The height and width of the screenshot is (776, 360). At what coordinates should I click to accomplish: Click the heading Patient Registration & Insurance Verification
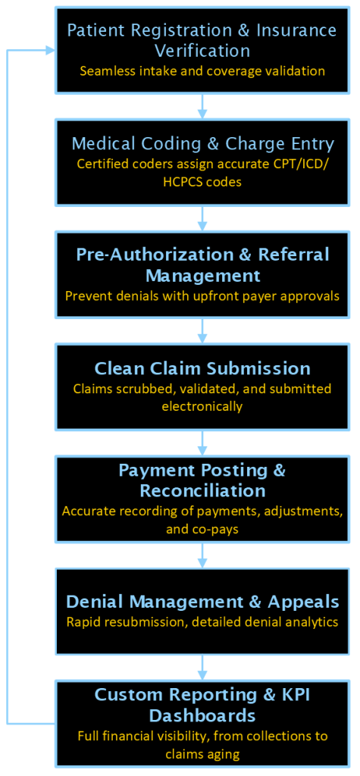(x=202, y=41)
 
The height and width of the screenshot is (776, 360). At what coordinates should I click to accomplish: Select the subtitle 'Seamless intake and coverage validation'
(x=202, y=71)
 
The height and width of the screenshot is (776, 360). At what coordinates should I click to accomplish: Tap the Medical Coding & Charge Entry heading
(x=202, y=144)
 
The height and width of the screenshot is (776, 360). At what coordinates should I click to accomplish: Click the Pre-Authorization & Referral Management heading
(x=202, y=264)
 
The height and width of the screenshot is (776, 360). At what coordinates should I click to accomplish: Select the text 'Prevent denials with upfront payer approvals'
(x=202, y=296)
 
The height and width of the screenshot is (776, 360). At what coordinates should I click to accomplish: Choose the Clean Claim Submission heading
(x=202, y=369)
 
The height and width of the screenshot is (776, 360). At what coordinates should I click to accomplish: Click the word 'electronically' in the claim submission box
(x=202, y=407)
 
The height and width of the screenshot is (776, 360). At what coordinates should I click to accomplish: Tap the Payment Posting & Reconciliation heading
(x=202, y=480)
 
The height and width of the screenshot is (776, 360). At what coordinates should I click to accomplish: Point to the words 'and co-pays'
(x=202, y=529)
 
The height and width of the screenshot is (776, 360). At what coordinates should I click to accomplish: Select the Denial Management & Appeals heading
(x=202, y=602)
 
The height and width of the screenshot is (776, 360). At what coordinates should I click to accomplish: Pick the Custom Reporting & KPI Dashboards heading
(x=202, y=705)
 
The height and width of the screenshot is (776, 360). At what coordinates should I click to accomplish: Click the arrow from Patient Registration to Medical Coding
(x=202, y=106)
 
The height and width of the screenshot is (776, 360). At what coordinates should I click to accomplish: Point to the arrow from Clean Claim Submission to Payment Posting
(x=202, y=443)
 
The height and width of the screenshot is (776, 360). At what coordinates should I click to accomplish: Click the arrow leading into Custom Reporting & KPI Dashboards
(x=202, y=667)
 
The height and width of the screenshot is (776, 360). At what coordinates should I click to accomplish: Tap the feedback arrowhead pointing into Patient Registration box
(x=50, y=50)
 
